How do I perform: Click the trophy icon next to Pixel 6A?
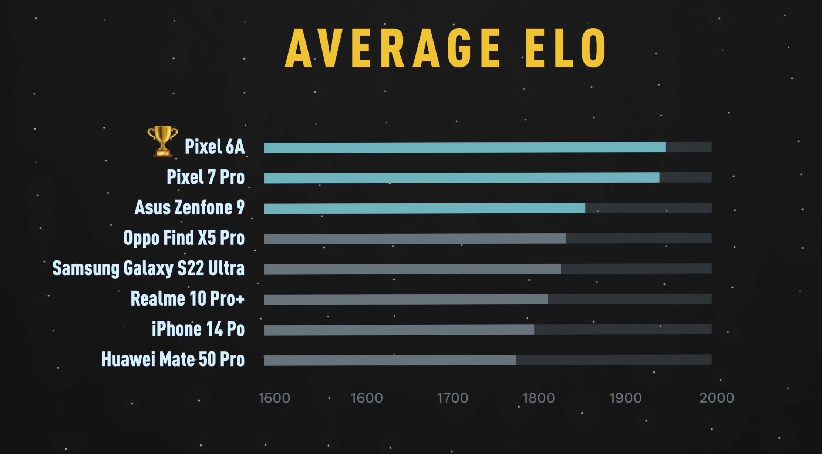click(x=162, y=141)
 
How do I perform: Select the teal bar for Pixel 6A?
click(x=464, y=147)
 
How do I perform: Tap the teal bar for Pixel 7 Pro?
click(x=461, y=178)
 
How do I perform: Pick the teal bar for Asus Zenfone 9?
click(x=424, y=208)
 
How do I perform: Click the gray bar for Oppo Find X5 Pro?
click(x=415, y=238)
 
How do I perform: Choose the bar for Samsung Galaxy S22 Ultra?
click(x=412, y=269)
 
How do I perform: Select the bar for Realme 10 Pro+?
click(x=405, y=299)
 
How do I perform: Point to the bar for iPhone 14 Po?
click(x=399, y=330)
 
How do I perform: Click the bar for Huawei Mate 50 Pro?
click(x=390, y=360)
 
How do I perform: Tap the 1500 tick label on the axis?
click(x=274, y=398)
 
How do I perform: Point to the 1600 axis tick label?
click(x=366, y=398)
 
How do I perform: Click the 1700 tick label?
click(x=452, y=398)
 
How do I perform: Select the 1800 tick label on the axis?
click(x=538, y=398)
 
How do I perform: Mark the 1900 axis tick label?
click(x=625, y=398)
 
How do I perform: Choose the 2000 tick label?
click(x=717, y=398)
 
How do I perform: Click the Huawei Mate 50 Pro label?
click(x=173, y=359)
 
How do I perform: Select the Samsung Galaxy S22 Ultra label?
click(x=148, y=268)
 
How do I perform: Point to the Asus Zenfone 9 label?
click(x=189, y=207)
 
